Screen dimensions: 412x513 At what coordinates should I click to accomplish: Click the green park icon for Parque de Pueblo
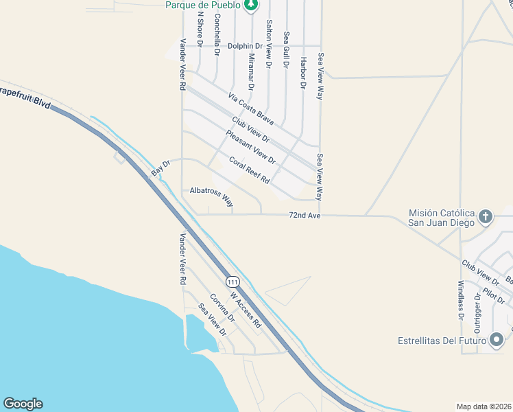pos(251,5)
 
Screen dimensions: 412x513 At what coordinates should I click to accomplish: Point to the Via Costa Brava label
pos(252,110)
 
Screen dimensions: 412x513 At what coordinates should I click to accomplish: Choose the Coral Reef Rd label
pos(249,170)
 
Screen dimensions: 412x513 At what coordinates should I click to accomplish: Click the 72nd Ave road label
pos(305,216)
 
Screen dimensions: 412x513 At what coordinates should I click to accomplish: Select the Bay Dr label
pos(160,168)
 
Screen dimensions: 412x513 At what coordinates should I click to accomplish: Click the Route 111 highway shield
pos(233,282)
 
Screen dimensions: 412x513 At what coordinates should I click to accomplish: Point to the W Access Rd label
pos(246,309)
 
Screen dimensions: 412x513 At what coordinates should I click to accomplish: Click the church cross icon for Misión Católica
pos(486,217)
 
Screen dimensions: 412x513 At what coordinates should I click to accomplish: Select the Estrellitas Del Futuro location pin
pos(497,340)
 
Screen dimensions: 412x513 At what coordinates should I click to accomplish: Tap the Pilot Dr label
pos(494,296)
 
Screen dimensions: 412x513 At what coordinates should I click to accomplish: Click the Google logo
pos(23,404)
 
